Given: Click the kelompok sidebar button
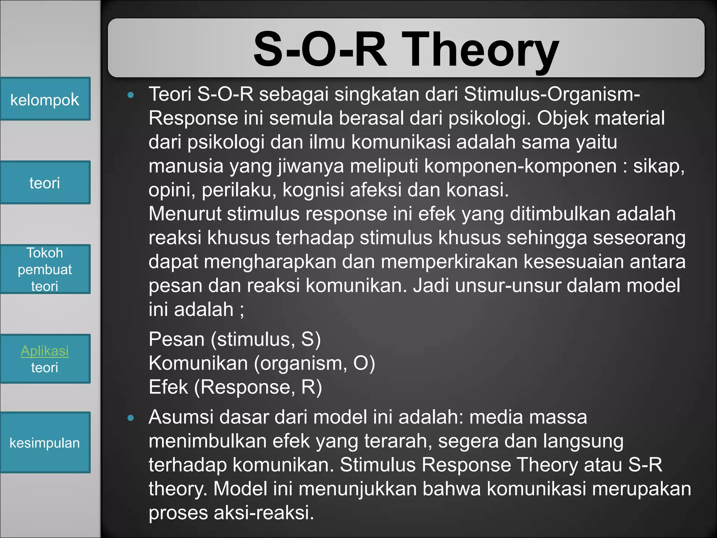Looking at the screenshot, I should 45,99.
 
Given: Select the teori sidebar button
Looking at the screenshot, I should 45,182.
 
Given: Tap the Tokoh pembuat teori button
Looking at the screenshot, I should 45,269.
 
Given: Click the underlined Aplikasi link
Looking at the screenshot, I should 44,351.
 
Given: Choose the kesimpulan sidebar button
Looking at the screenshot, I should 45,442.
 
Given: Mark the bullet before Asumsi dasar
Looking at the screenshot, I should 131,418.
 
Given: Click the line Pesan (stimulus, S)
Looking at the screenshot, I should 235,339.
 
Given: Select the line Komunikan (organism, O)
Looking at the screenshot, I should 262,363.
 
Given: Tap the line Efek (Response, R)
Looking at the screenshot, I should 235,387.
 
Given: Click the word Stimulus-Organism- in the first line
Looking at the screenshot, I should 552,94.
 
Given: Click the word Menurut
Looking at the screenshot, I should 185,214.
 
